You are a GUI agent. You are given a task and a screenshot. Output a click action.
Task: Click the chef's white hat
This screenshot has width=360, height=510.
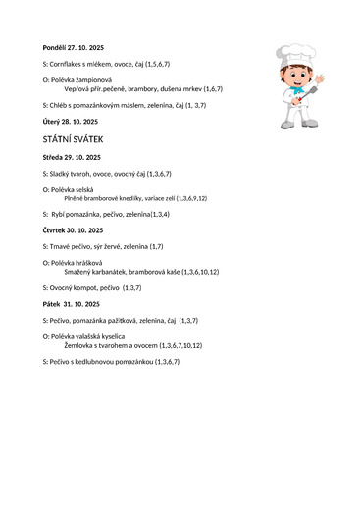pyautogui.click(x=295, y=52)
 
